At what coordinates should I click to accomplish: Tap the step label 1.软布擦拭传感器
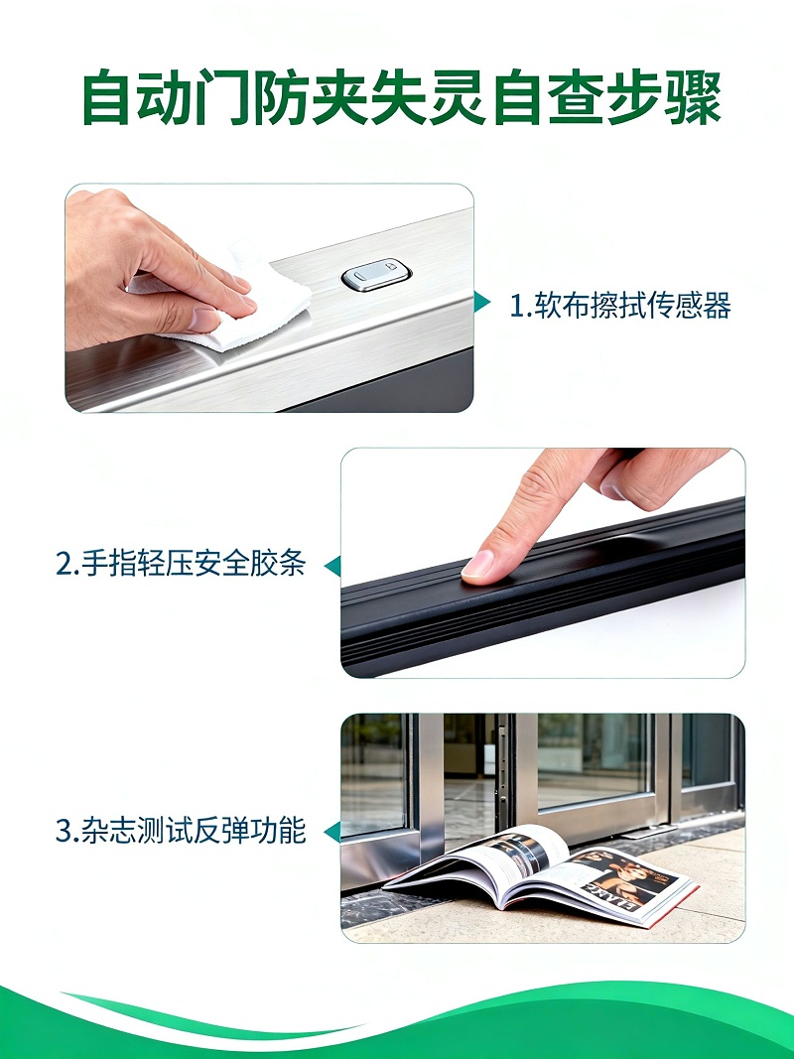[x=619, y=306]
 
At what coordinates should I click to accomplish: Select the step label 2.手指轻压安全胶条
[x=180, y=565]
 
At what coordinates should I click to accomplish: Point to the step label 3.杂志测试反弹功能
[x=180, y=831]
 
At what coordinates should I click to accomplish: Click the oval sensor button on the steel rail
[x=375, y=276]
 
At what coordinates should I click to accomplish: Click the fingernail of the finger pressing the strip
[x=479, y=566]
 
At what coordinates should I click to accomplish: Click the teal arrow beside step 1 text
[x=482, y=303]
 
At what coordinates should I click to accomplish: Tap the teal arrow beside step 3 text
[x=333, y=831]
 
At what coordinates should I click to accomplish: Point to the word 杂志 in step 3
[x=105, y=831]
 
